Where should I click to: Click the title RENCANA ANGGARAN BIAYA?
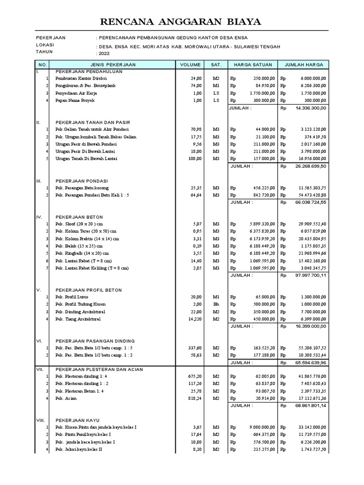(182, 22)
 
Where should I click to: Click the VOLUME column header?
(190, 64)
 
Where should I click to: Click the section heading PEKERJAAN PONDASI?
(82, 181)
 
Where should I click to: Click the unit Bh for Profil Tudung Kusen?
(216, 304)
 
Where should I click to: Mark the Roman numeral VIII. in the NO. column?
(41, 420)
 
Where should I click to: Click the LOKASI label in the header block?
(45, 45)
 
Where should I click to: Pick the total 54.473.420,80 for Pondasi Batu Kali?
(310, 195)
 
